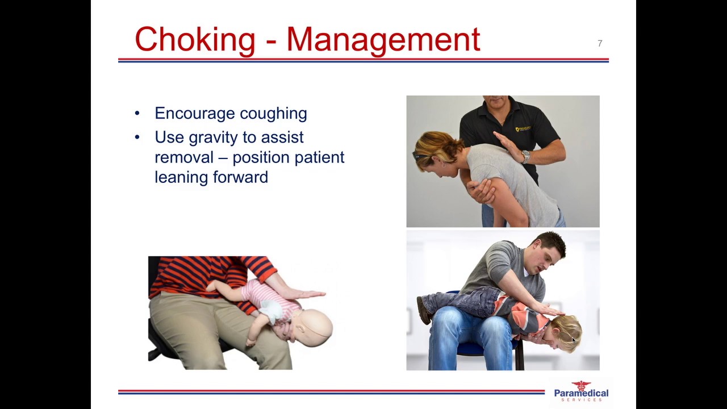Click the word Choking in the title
click(195, 40)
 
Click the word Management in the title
click(383, 40)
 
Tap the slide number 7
click(600, 44)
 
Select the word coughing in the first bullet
click(273, 114)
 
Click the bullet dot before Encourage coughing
click(137, 114)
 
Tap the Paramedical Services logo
click(580, 391)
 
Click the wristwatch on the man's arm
click(526, 156)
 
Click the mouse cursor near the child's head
click(573, 340)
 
